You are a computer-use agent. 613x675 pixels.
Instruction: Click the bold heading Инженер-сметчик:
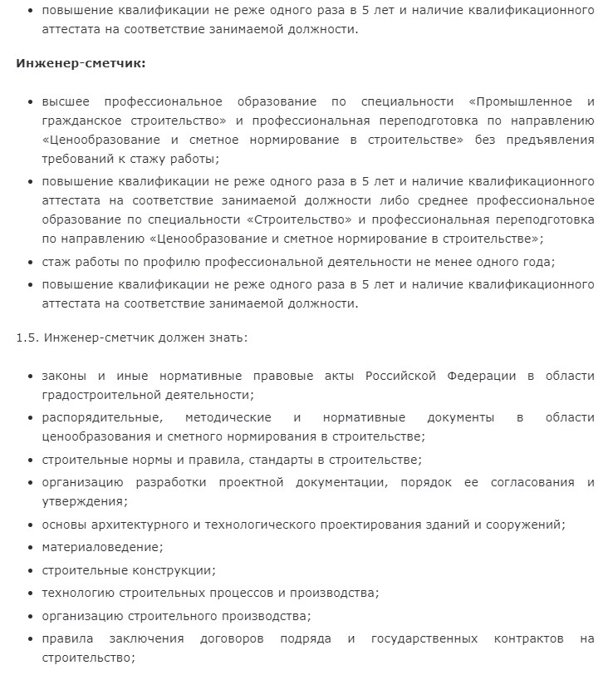pos(81,63)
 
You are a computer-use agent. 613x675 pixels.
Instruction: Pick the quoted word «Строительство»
pos(303,219)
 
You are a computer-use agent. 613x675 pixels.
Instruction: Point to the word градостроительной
pos(100,394)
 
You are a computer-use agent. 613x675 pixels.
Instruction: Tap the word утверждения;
pos(85,500)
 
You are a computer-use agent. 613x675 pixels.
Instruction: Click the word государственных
pos(424,638)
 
